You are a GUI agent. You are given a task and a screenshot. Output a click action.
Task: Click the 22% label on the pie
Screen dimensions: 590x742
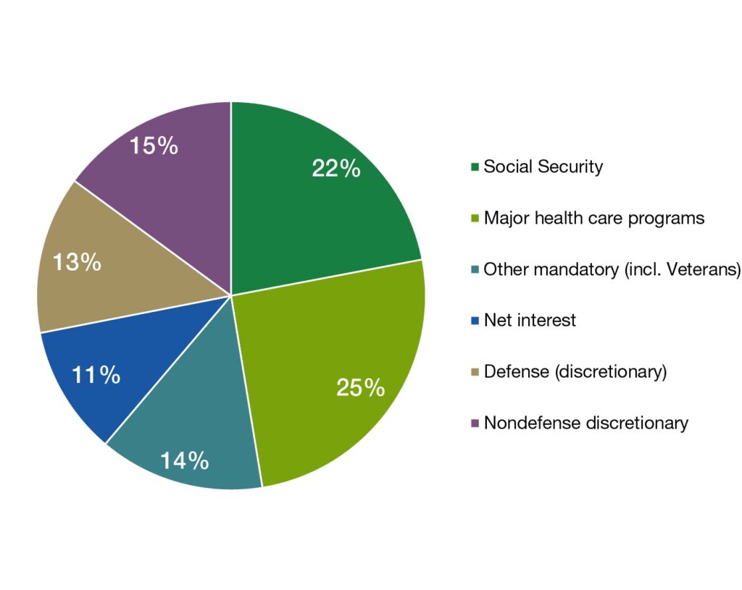click(335, 169)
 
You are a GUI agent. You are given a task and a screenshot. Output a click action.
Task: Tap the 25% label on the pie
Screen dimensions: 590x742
click(360, 388)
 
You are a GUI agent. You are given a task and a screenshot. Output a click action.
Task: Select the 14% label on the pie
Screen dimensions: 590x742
click(185, 460)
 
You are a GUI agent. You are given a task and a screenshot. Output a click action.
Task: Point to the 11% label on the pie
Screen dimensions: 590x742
click(96, 375)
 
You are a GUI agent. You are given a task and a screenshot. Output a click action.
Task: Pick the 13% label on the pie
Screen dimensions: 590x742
click(77, 262)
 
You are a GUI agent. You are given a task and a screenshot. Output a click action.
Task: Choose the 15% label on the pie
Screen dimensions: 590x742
click(154, 146)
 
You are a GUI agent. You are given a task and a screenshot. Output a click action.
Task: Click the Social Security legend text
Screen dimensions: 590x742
click(543, 167)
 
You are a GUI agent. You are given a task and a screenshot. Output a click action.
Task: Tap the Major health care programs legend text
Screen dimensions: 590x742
click(593, 218)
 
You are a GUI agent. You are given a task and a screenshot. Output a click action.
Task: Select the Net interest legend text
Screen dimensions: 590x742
click(530, 320)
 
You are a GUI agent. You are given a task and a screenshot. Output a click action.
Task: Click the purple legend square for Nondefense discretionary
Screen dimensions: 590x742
click(475, 423)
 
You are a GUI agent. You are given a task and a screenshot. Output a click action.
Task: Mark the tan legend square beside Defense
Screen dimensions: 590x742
click(475, 372)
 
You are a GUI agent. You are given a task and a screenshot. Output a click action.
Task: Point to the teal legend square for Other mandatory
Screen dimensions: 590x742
click(475, 270)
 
